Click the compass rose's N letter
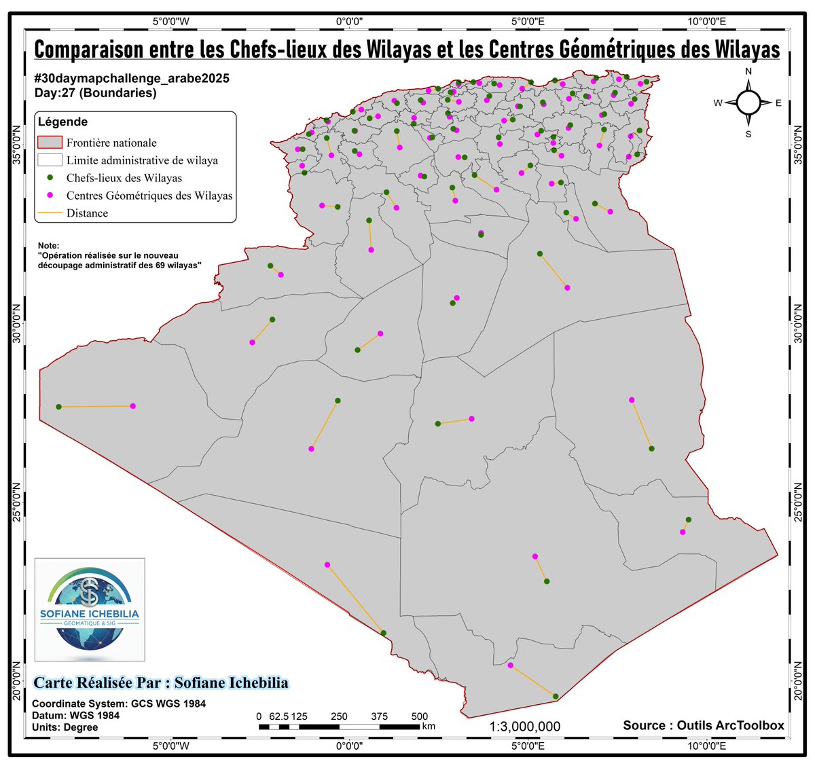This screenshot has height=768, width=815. (x=748, y=71)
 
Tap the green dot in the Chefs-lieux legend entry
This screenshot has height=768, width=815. (x=50, y=178)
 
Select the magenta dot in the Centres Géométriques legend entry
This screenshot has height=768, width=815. (x=50, y=196)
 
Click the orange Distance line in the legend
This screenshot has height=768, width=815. (x=50, y=213)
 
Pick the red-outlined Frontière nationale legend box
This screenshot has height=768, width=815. (x=50, y=143)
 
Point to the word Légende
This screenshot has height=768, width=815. (x=62, y=122)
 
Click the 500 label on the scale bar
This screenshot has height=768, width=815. (x=420, y=716)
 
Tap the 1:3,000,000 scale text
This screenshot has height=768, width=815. (x=525, y=727)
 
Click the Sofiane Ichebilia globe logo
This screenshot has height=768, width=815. (x=90, y=609)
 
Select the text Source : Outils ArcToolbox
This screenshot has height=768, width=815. (x=704, y=725)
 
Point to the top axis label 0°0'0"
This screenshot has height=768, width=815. (x=350, y=21)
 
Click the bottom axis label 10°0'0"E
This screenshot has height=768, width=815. (x=706, y=746)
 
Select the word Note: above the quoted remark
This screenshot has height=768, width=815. (x=49, y=246)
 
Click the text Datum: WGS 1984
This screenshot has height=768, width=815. (x=75, y=715)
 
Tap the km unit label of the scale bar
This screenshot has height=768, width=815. (x=429, y=727)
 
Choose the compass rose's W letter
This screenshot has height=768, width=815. (x=717, y=103)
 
